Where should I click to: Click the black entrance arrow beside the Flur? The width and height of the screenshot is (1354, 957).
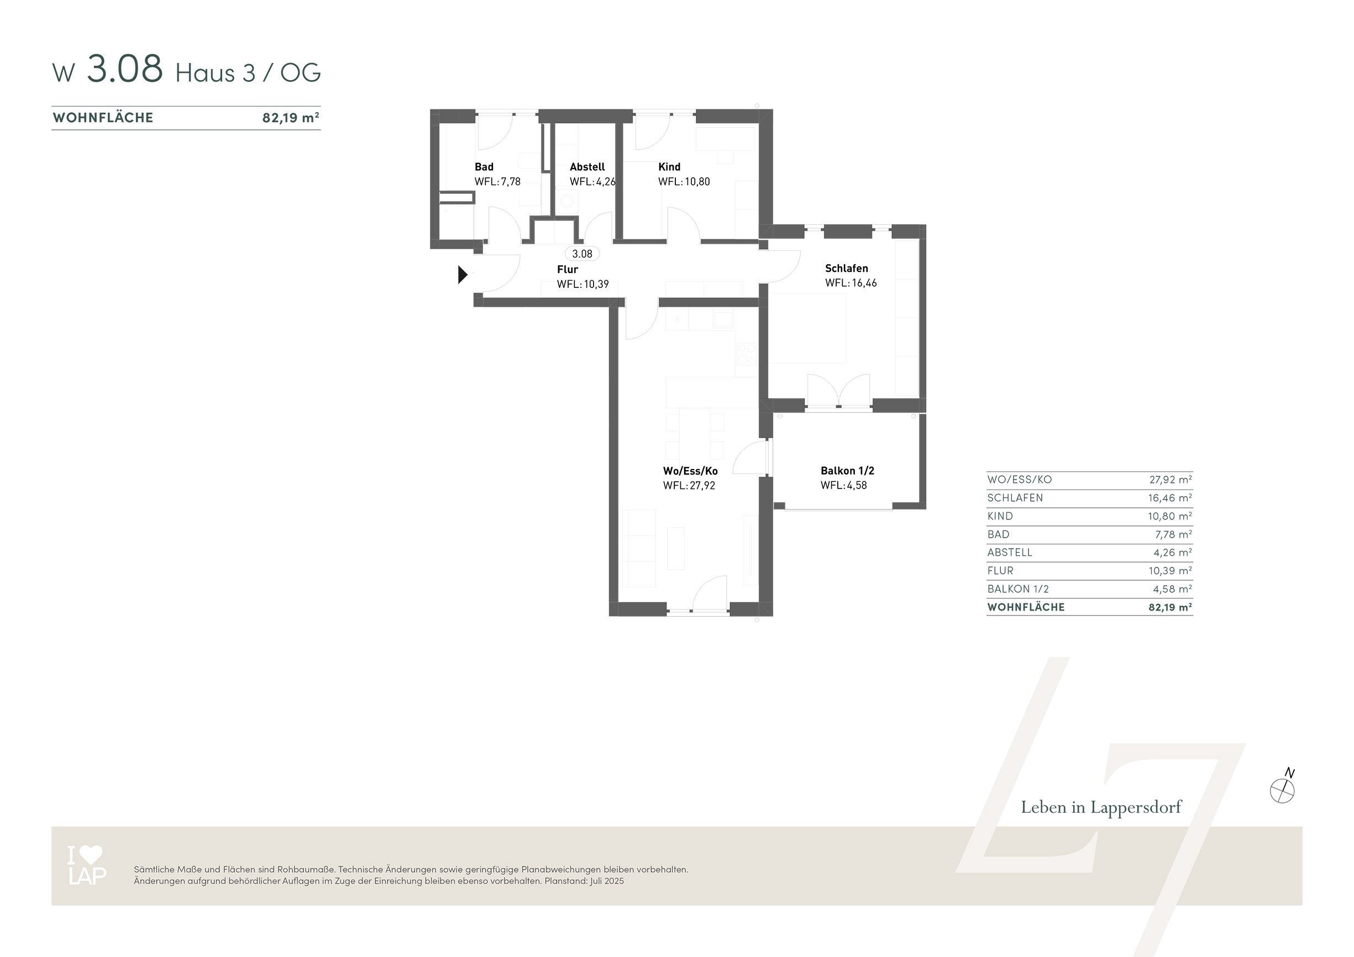463,275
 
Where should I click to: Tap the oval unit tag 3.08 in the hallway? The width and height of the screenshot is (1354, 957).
582,254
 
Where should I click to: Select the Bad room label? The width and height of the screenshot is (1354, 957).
484,167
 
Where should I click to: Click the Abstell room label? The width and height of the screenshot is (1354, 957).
587,167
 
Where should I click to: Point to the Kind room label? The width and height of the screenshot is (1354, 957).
669,167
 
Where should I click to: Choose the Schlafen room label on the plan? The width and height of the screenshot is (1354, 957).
846,269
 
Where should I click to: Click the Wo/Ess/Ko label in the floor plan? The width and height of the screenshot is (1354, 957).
690,471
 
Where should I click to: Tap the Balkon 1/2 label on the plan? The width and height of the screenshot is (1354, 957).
847,471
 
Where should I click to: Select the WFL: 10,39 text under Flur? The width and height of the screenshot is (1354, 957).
582,284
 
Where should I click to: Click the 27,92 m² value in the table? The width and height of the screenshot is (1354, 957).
1171,480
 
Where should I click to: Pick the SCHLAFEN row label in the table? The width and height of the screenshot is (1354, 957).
1015,498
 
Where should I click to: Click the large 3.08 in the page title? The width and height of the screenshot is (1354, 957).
125,69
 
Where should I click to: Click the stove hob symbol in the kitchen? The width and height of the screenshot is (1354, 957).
746,353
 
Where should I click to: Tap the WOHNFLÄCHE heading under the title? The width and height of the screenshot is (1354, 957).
103,118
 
